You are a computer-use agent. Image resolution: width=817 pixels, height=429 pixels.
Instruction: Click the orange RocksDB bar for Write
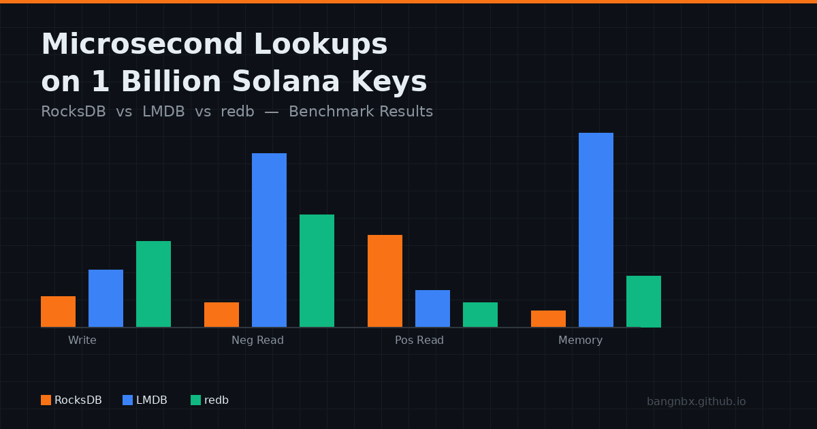coord(58,312)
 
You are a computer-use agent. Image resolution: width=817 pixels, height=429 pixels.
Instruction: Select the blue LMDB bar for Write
coord(106,298)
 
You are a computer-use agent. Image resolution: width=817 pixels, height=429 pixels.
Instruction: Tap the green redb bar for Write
coord(153,284)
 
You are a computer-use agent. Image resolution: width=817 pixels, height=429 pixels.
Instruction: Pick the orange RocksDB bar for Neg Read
coord(221,315)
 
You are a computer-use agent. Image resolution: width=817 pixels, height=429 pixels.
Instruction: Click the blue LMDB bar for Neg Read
coord(269,240)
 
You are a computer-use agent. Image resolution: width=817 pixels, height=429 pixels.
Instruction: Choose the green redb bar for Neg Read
coord(317,270)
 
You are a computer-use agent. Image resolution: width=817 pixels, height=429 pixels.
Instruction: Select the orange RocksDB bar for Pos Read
coord(385,281)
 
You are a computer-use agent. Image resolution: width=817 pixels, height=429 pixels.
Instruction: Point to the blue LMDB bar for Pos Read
coord(432,308)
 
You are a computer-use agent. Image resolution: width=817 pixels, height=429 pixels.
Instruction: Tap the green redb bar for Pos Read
coord(480,315)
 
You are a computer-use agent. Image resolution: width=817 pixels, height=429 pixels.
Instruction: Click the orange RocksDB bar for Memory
coord(548,319)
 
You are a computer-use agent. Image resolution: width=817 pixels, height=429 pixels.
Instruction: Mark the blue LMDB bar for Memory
coord(596,229)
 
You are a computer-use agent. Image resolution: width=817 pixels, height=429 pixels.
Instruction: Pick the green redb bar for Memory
coord(643,301)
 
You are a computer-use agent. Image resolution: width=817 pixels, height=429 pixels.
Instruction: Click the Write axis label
coord(82,340)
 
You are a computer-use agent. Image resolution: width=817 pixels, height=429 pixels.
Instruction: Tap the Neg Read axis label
coord(257,340)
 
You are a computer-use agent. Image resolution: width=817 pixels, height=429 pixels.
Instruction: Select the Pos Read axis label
coord(419,340)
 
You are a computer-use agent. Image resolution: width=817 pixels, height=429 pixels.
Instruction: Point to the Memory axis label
coord(580,340)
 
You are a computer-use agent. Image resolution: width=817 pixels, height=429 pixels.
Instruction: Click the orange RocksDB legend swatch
coord(46,400)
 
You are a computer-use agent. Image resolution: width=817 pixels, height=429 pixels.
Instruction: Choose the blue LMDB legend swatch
coord(127,400)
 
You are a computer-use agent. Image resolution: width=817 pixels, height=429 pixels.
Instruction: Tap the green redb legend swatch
coord(195,400)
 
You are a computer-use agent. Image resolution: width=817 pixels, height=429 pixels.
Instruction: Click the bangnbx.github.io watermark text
coord(696,402)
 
